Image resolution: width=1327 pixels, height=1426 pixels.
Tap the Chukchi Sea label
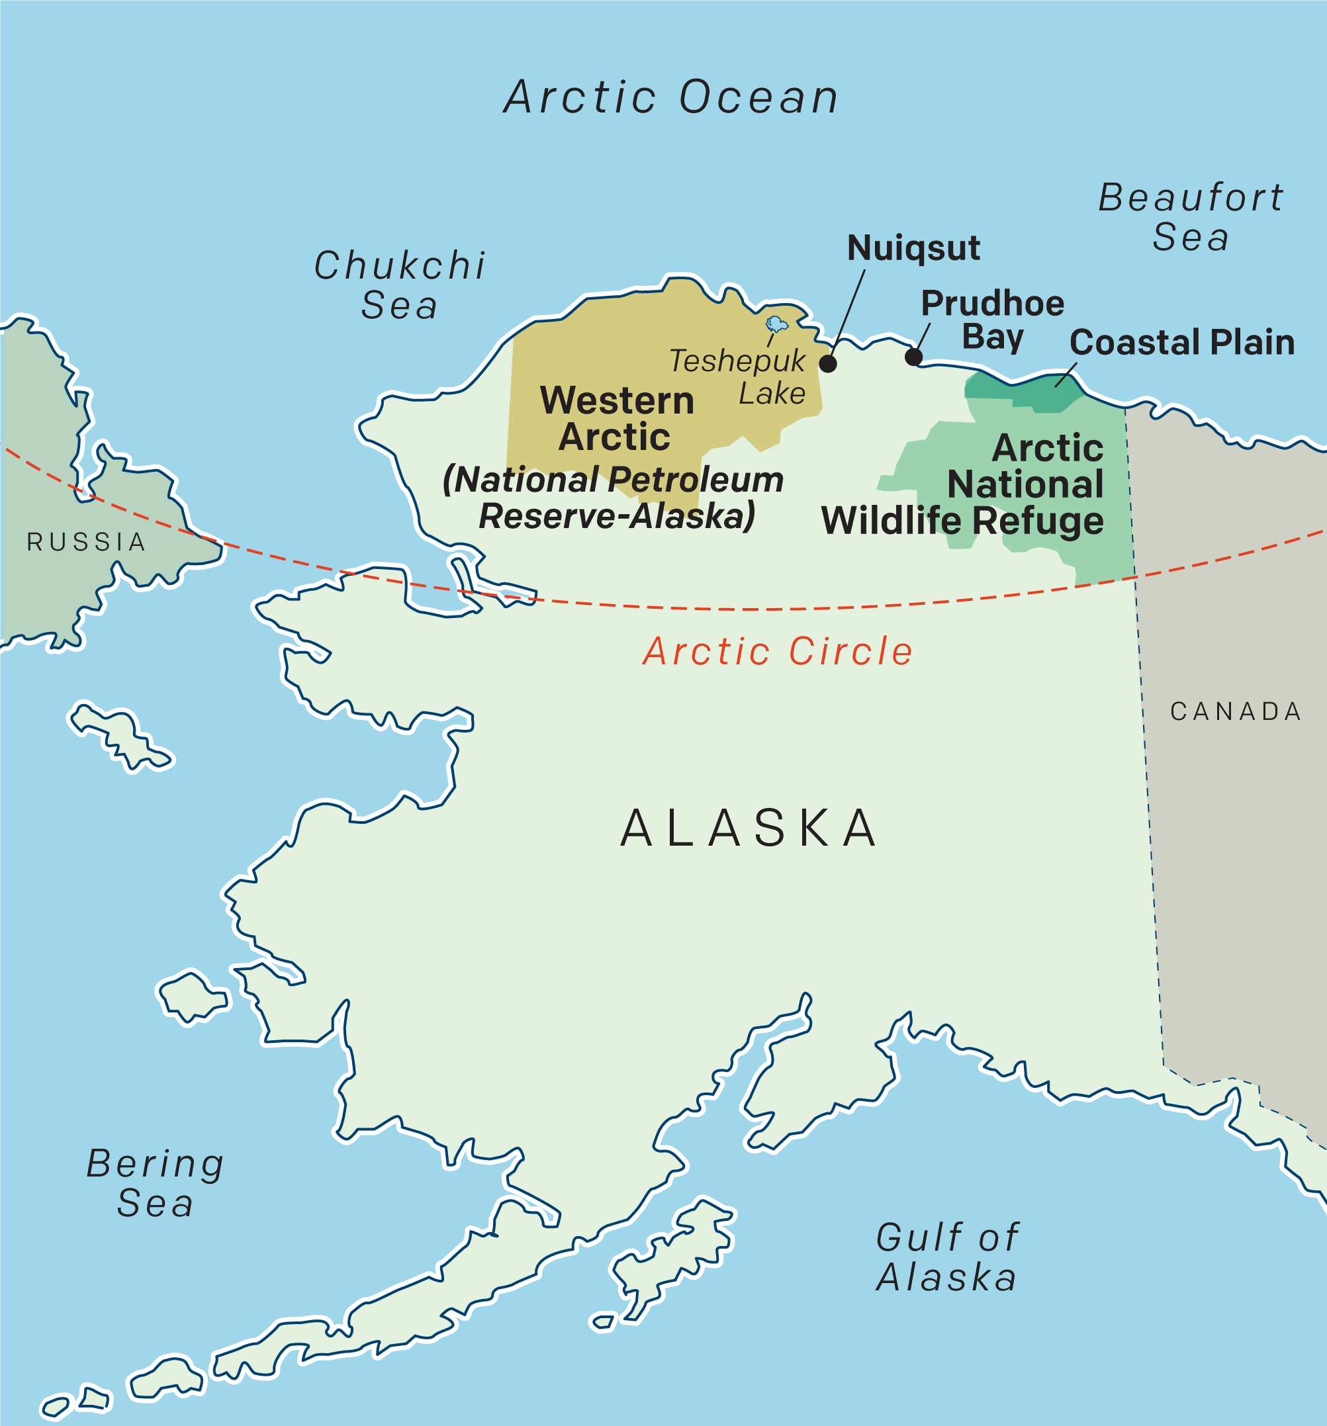400,285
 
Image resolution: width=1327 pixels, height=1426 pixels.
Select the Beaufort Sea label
1191,216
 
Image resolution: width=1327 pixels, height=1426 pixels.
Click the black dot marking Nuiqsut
828,363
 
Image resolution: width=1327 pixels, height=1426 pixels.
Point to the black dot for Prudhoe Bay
913,357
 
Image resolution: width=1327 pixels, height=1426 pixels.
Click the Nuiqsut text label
913,248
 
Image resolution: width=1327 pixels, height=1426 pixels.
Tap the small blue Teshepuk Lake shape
776,324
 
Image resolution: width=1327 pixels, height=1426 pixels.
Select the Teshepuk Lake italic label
739,377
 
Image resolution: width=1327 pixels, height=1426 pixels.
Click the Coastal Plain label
1181,342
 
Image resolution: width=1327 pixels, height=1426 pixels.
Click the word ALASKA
749,828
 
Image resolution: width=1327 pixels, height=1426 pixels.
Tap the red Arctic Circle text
778,651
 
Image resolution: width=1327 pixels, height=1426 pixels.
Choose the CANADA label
1236,711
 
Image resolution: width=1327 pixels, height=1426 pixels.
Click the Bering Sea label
155,1183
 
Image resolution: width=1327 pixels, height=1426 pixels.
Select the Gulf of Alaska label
947,1257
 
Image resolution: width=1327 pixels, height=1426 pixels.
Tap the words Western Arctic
616,418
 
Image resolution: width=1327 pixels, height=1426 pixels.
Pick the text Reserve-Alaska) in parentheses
617,515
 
